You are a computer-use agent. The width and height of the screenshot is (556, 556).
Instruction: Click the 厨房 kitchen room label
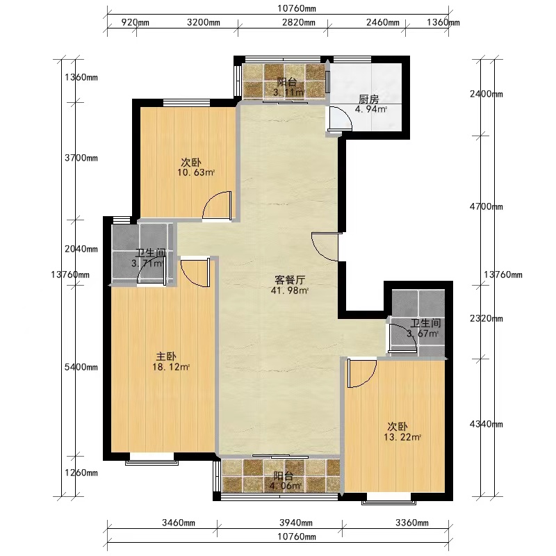pos(369,99)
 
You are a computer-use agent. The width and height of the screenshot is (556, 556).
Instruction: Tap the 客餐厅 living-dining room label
pos(290,280)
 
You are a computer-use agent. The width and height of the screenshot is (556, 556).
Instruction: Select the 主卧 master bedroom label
pos(166,357)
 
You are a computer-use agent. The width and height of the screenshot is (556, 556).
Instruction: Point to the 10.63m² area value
pos(196,172)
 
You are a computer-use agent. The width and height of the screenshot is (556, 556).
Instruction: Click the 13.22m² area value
pos(402,437)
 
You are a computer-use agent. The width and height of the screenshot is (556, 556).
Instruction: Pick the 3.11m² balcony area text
pos(288,93)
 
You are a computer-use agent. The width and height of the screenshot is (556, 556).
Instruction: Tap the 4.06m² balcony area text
pos(286,486)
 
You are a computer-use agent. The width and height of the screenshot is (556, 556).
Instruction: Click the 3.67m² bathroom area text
pos(423,334)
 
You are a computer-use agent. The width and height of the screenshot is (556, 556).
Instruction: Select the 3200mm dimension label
pos(204,23)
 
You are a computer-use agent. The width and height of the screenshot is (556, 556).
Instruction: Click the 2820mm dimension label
pos(299,23)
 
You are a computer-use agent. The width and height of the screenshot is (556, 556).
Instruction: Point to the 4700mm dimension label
pos(486,206)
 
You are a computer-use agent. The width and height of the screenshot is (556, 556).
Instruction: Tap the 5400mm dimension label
pos(81,367)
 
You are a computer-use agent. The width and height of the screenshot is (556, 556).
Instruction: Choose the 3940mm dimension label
pos(296,523)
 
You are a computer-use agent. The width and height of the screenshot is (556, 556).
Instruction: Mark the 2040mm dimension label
pos(81,249)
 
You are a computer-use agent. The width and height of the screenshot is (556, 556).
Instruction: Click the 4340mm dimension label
pos(486,424)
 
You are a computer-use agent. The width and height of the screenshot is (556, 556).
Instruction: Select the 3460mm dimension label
pos(179,523)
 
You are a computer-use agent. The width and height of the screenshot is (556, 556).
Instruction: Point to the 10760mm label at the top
pos(297,8)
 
